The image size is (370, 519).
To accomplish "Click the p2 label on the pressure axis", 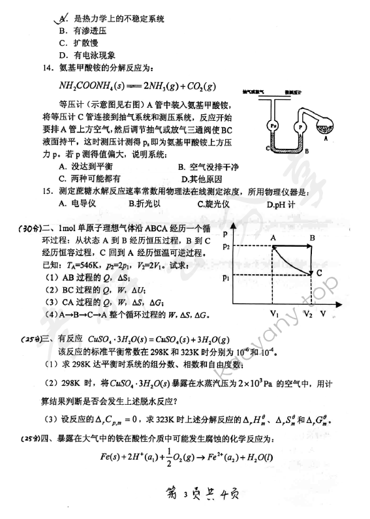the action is click(x=226, y=246).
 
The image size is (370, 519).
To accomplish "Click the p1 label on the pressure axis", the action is click(x=226, y=277).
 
